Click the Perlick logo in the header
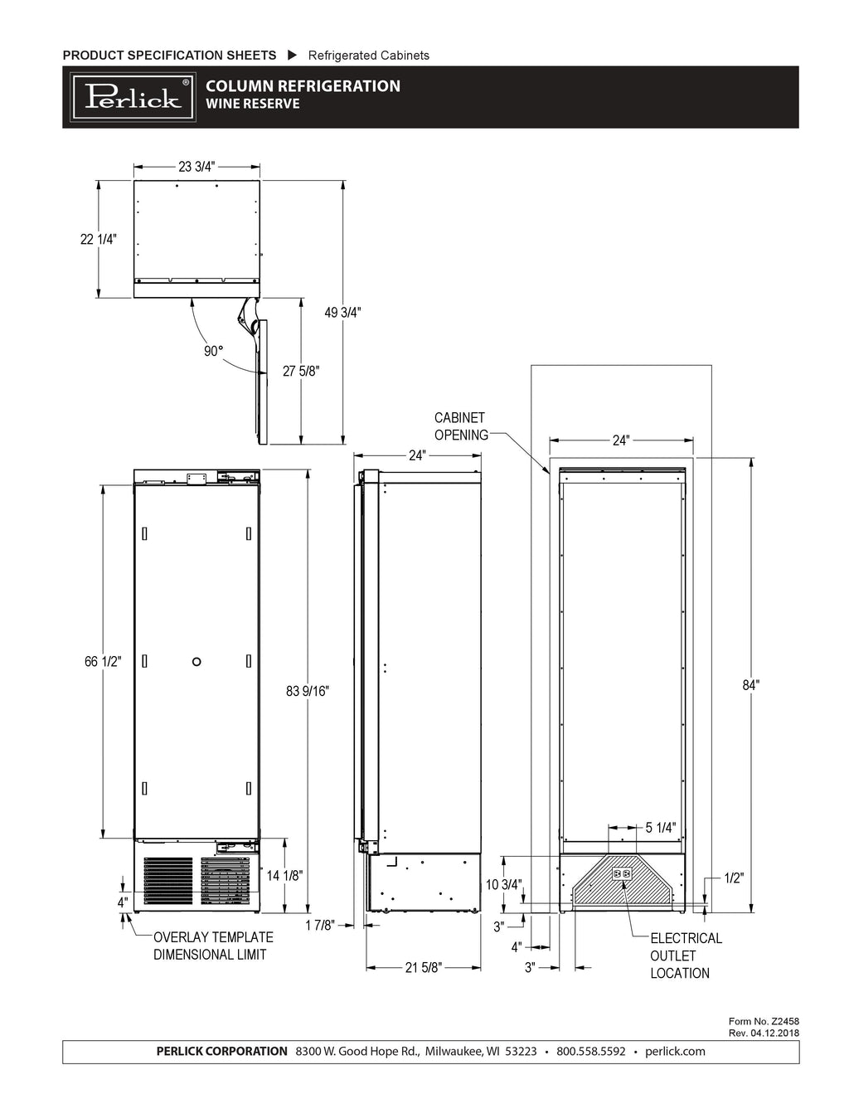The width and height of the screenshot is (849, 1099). click(x=133, y=97)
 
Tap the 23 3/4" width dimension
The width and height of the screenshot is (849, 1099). click(x=196, y=167)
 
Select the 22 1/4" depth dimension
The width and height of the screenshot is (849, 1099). click(x=99, y=239)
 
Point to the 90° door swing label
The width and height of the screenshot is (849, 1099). click(x=213, y=351)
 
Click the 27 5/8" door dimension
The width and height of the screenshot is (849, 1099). click(x=301, y=372)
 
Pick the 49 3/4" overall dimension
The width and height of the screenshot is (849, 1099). click(x=342, y=313)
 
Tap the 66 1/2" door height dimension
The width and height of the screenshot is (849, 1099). click(x=103, y=661)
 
